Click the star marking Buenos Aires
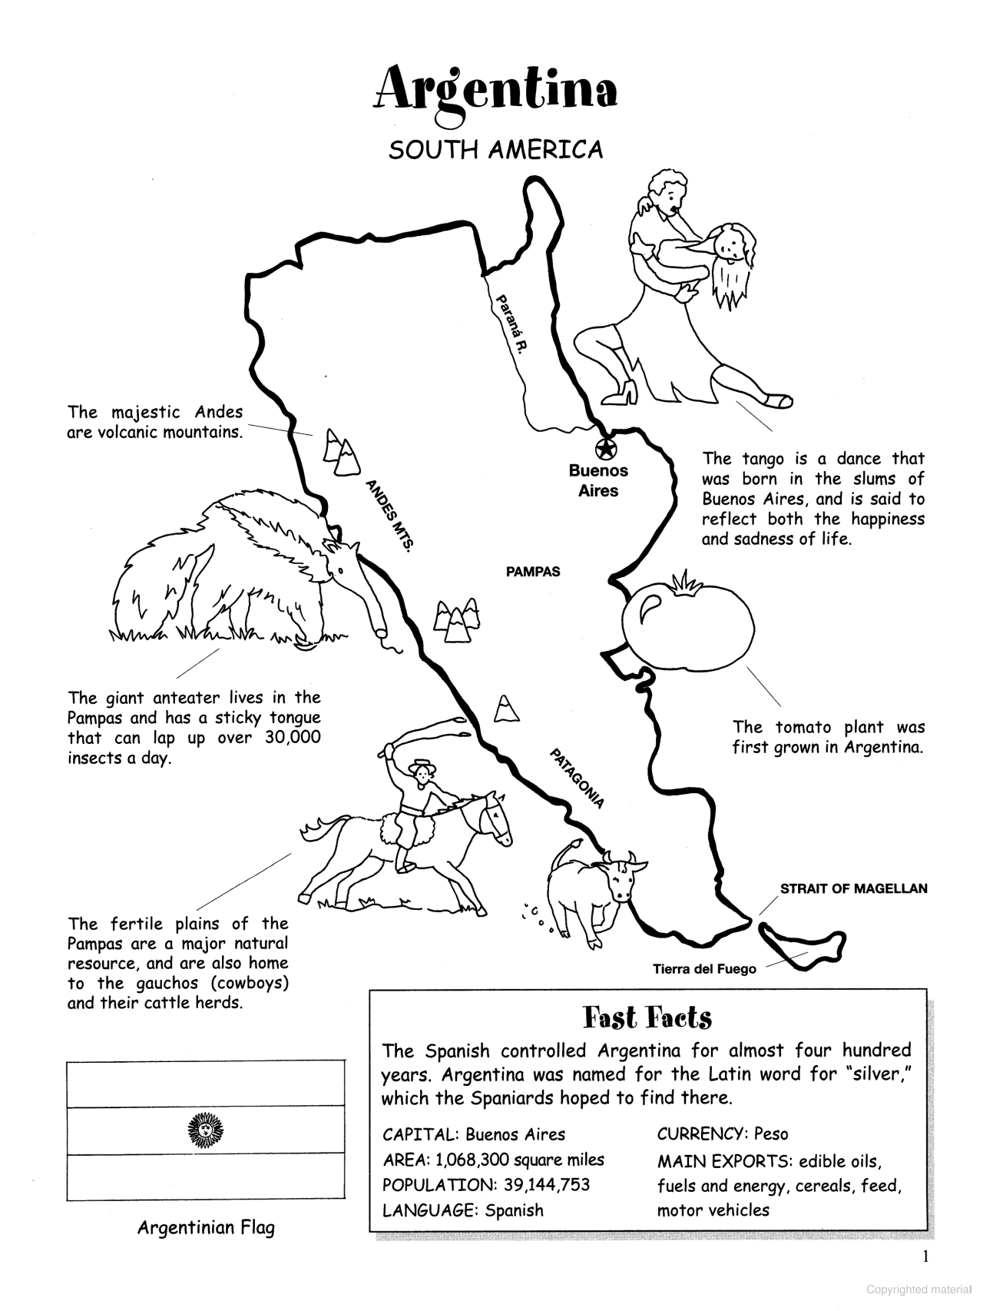[605, 446]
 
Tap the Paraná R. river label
[511, 323]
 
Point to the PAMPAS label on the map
[533, 572]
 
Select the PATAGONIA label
[577, 778]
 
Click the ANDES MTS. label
[390, 516]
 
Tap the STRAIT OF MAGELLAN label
[853, 889]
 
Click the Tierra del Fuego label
[704, 969]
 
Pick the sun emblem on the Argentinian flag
[206, 1130]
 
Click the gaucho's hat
[420, 765]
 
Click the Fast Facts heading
[647, 1017]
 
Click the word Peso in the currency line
[771, 1134]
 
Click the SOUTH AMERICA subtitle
[495, 150]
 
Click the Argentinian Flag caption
[206, 1228]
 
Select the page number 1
[925, 1256]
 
